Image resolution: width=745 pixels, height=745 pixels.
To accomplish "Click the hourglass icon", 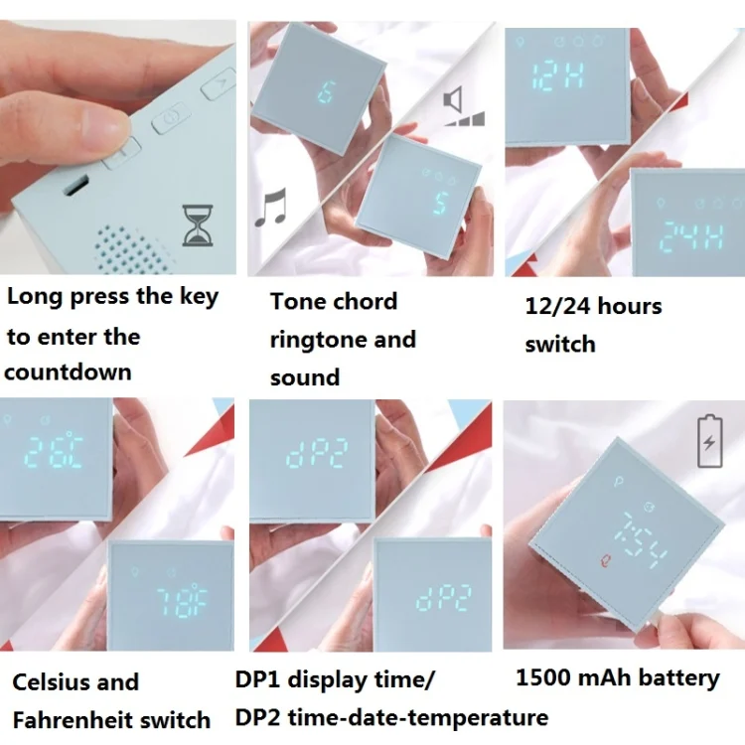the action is coord(198,225).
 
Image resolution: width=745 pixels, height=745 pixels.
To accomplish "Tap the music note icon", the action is coord(271,208).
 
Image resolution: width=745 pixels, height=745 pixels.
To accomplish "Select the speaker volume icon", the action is coord(464,107).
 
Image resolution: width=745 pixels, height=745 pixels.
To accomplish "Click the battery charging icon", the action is coord(710,442).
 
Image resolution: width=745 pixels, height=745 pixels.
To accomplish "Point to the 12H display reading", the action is coord(557,76).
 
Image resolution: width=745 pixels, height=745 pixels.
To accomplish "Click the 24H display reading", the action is coord(692,236).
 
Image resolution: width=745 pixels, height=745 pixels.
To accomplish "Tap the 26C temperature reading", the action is coord(54,451).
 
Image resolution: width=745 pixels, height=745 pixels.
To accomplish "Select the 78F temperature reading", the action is coord(182,603).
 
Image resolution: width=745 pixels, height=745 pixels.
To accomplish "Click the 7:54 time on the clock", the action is coord(642,539).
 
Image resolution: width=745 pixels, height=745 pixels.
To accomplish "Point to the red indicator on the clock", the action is coord(604,561).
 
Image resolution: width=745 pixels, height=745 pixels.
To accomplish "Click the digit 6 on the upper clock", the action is coord(327,91).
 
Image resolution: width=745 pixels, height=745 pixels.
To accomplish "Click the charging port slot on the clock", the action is coord(76,186).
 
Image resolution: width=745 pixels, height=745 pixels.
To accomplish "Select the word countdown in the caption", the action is coord(68,372).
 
